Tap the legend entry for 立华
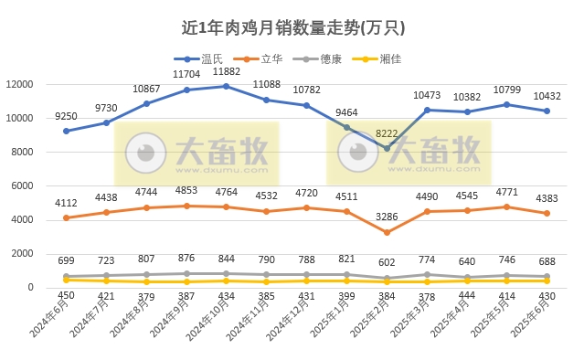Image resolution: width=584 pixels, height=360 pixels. click(x=271, y=58)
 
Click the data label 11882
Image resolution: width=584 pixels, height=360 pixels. click(x=226, y=71)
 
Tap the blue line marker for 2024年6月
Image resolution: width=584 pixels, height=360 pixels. click(x=66, y=131)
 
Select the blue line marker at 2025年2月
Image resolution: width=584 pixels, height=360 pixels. click(x=387, y=148)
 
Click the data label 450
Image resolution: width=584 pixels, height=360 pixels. click(x=66, y=295)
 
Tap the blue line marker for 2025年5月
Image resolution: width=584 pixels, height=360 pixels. click(x=506, y=104)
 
